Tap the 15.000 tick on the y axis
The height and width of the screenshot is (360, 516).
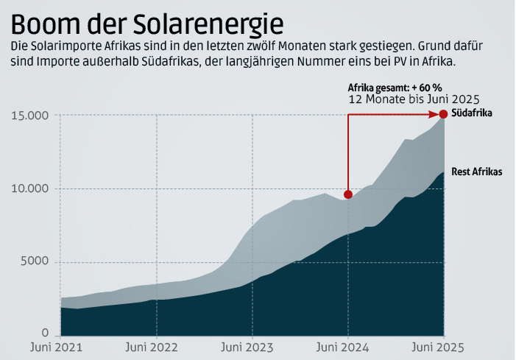click(29, 116)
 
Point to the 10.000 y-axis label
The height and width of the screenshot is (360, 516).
click(29, 188)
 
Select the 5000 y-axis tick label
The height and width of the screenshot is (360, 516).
click(33, 262)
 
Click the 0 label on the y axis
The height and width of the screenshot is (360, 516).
click(45, 333)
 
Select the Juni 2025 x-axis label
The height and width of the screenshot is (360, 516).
click(443, 347)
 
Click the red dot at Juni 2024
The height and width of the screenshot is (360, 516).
click(348, 194)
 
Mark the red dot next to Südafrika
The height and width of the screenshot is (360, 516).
click(443, 114)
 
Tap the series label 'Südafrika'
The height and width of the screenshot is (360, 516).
click(471, 113)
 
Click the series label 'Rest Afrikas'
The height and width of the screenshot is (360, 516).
click(476, 172)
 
